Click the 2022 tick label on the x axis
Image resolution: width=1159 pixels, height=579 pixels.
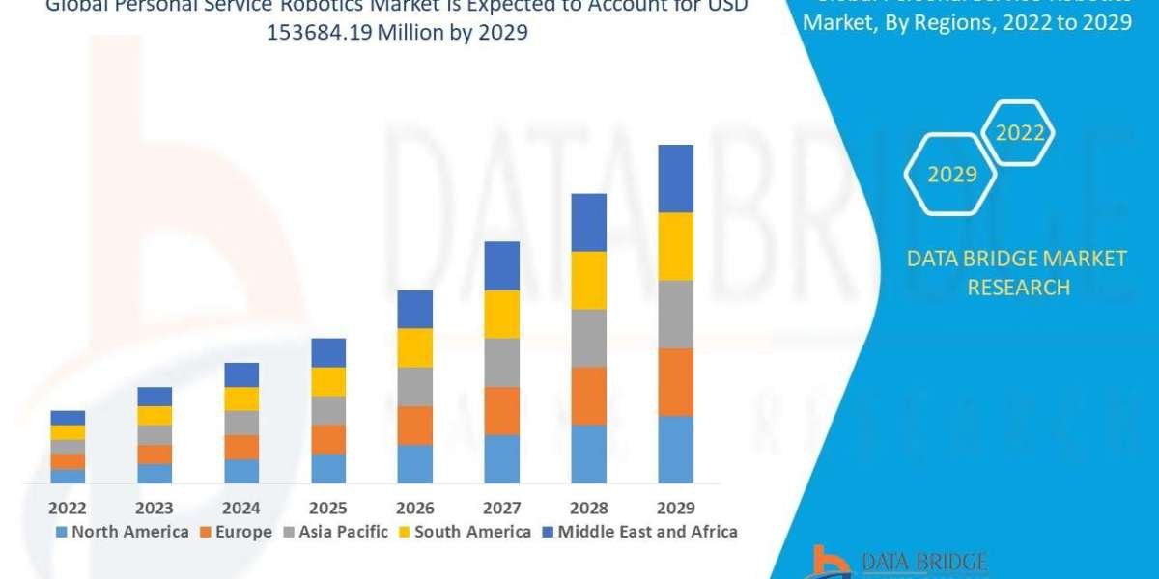(x=68, y=508)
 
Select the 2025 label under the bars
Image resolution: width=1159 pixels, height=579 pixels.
(x=328, y=508)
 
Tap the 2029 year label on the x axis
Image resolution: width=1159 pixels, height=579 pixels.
(x=675, y=508)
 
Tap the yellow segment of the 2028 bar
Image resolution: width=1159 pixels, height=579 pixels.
(x=588, y=280)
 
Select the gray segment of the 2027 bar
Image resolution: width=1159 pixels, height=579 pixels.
(x=501, y=362)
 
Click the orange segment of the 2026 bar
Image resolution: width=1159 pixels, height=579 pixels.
(x=414, y=425)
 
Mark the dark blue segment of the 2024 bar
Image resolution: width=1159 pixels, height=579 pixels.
(x=241, y=374)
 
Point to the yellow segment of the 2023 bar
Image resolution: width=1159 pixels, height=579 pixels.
(x=155, y=415)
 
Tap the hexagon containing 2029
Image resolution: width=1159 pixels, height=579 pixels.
(x=951, y=175)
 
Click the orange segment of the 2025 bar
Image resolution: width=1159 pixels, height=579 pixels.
(x=328, y=439)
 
